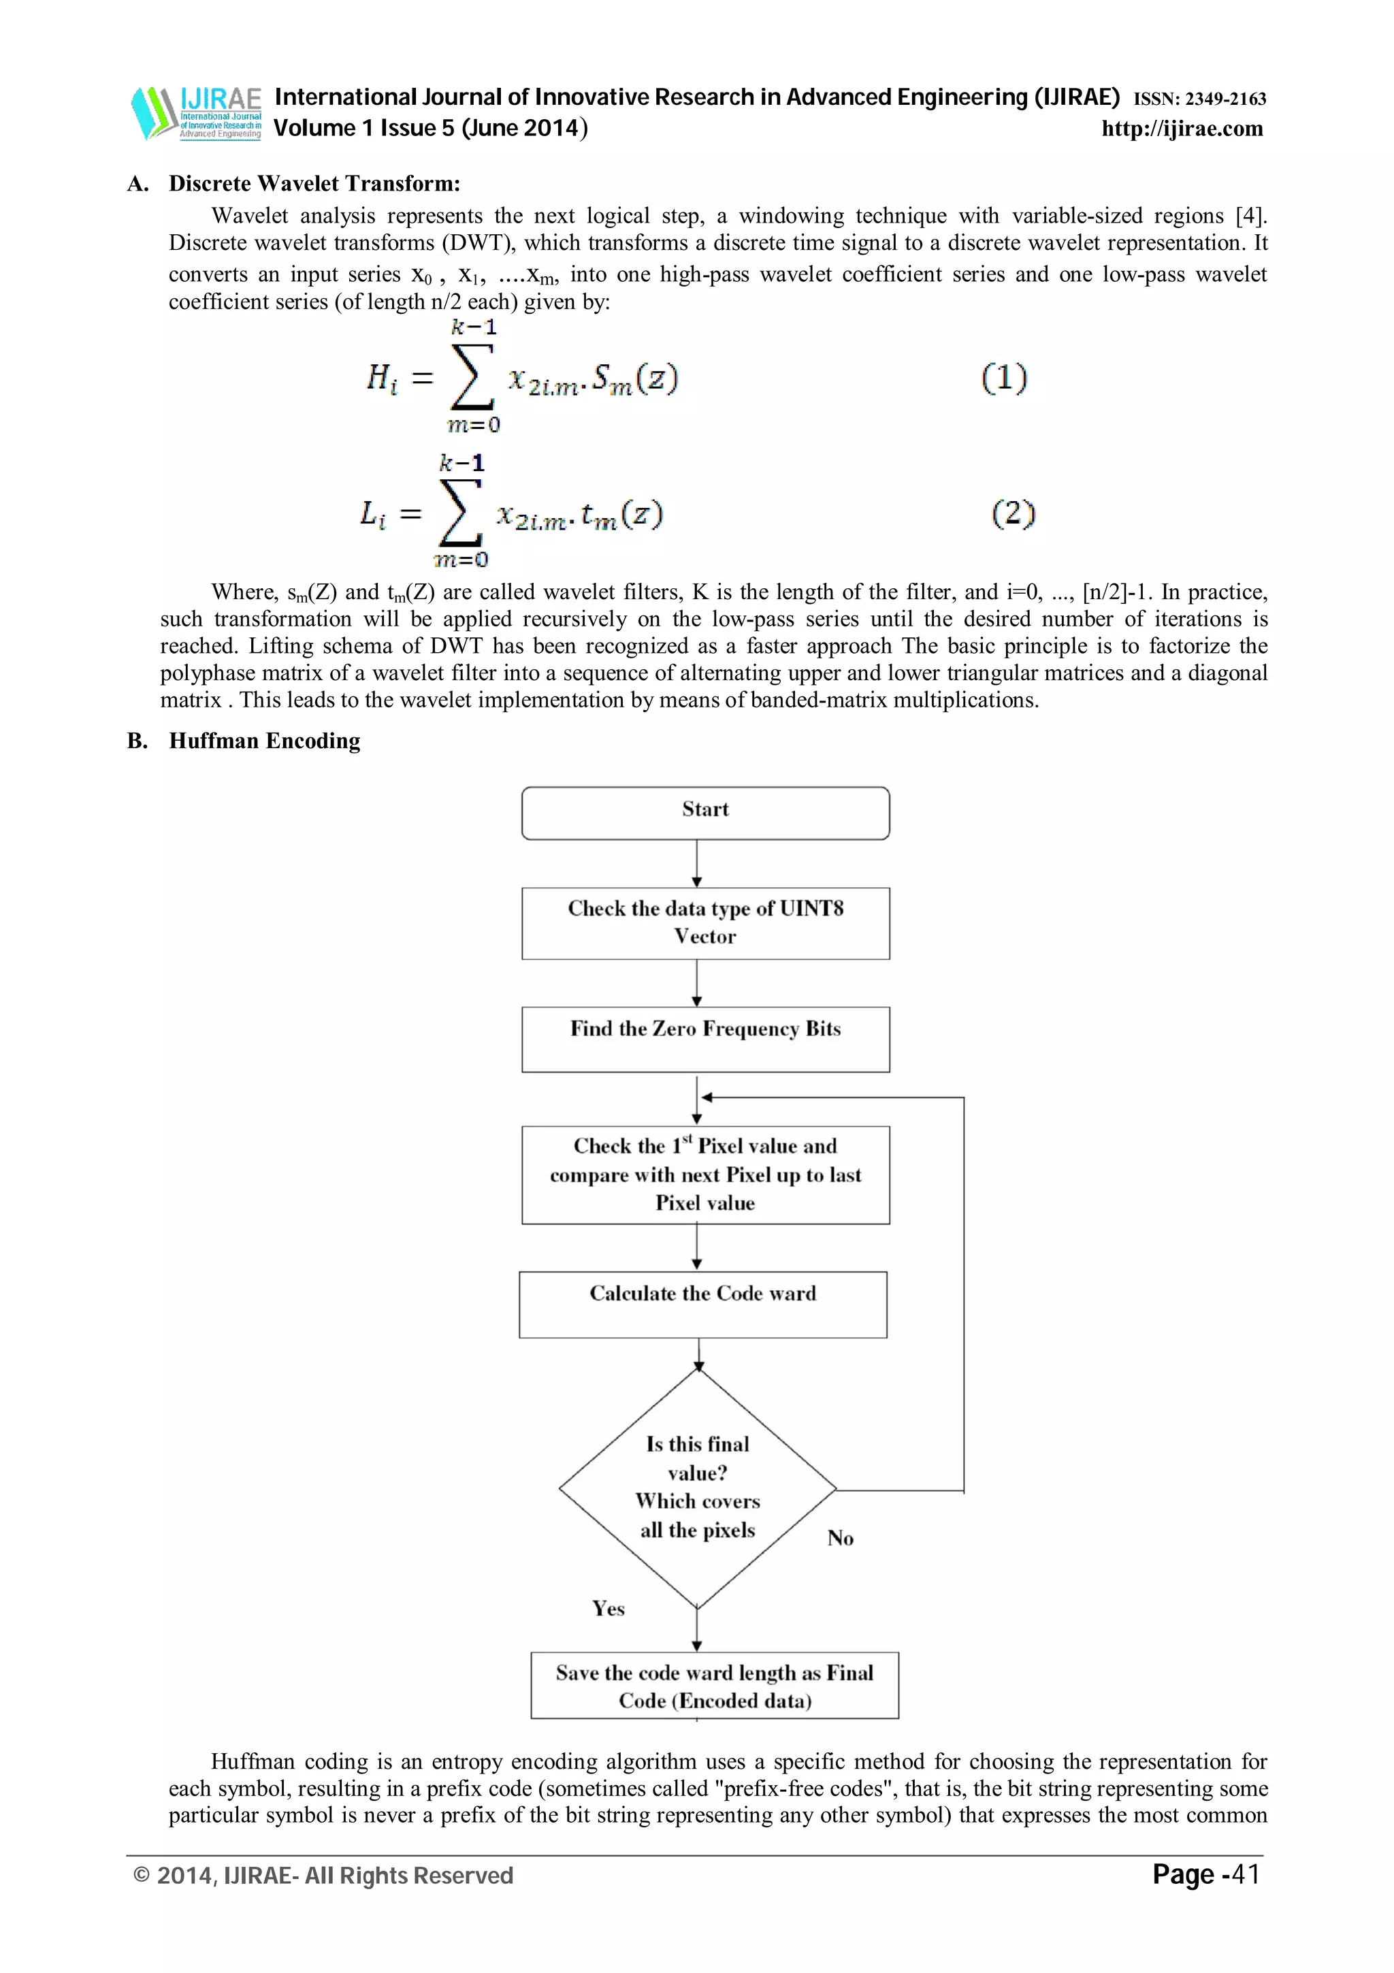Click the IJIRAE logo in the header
(196, 112)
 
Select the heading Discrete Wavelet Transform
(314, 184)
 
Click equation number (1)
(1004, 378)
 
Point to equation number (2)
(1014, 514)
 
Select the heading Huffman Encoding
(265, 741)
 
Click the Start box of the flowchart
(705, 813)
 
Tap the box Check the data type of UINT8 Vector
(705, 923)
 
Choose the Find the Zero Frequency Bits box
(705, 1039)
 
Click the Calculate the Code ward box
(702, 1304)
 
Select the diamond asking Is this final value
(698, 1488)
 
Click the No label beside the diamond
(840, 1538)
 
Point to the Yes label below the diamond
(608, 1609)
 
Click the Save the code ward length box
(714, 1685)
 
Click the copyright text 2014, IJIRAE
(324, 1876)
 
